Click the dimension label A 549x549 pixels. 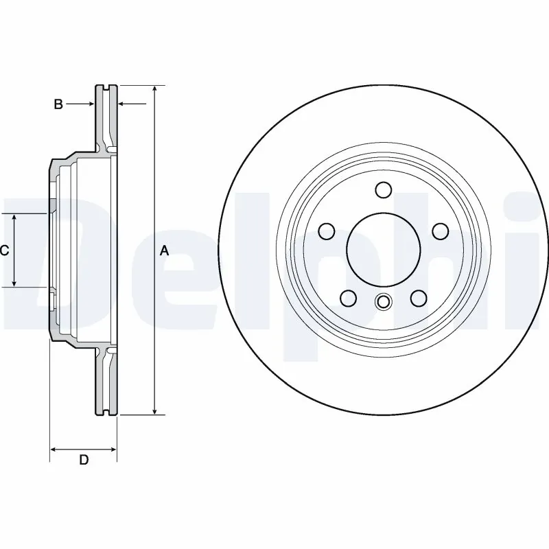pos(164,251)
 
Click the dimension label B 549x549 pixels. pos(58,104)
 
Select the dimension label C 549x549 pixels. pos(4,251)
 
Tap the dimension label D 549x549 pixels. pos(84,460)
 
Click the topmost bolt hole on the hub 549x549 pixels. pos(384,189)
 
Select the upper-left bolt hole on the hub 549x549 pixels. pos(328,232)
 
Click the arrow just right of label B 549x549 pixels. pos(90,104)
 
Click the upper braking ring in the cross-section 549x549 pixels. pos(106,117)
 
